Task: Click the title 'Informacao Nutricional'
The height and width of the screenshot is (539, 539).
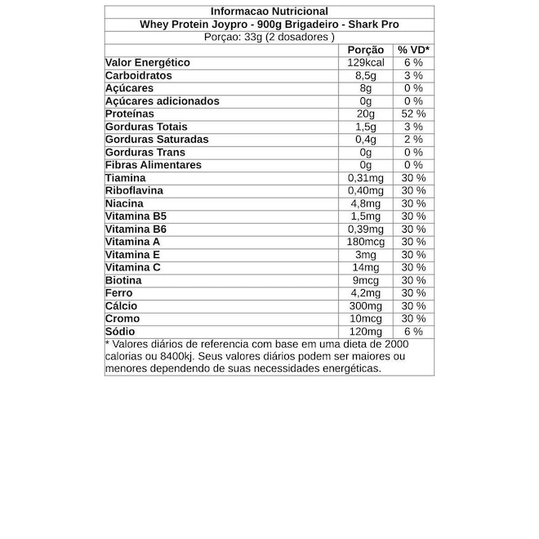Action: point(269,11)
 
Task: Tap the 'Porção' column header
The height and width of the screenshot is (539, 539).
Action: point(365,50)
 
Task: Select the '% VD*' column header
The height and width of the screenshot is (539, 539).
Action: point(413,50)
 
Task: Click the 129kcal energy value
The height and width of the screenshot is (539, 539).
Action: point(365,63)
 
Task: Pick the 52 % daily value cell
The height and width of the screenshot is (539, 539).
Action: point(413,114)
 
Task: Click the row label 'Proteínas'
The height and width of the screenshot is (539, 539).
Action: point(131,114)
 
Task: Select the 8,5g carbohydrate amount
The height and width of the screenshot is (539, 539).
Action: point(365,75)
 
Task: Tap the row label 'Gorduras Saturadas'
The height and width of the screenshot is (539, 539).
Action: point(157,140)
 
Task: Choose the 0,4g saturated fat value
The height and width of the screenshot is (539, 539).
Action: point(365,140)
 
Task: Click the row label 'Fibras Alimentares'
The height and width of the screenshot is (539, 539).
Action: point(154,165)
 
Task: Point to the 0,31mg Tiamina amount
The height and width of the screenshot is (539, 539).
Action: point(365,178)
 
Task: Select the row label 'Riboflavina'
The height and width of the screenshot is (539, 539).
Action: point(135,190)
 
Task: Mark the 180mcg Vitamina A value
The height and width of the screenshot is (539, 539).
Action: point(365,242)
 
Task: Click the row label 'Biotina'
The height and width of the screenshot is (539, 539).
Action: point(124,280)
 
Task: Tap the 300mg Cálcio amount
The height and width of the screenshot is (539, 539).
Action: point(365,305)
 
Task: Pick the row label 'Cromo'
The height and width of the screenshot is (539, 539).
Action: point(122,318)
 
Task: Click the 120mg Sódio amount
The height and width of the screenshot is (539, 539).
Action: point(365,332)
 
